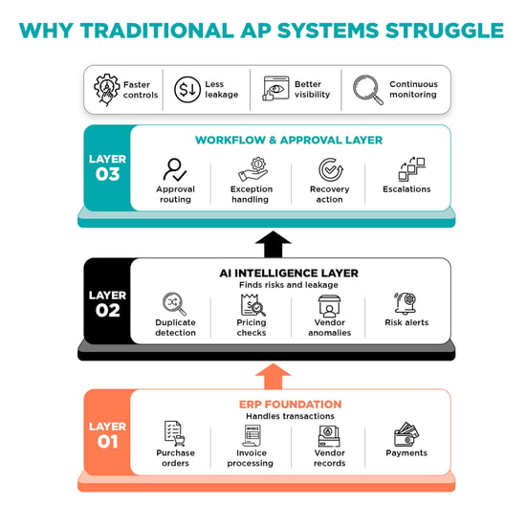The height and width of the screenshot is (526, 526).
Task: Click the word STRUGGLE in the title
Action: tap(445, 31)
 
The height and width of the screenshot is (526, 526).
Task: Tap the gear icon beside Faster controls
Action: tap(107, 90)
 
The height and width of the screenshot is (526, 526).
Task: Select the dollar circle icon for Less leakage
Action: tap(187, 90)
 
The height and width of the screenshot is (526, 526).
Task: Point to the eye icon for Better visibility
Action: tap(275, 89)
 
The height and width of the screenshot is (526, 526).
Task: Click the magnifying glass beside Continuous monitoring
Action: tap(367, 90)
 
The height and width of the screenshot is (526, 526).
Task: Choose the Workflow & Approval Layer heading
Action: tap(289, 140)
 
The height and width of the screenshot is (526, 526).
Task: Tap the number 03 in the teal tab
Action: tap(107, 174)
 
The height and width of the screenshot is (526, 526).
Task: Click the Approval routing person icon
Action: tap(175, 169)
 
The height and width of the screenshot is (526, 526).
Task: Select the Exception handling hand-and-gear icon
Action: tap(252, 169)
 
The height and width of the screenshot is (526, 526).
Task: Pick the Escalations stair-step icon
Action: tap(411, 169)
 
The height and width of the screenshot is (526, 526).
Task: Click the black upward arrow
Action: tap(274, 244)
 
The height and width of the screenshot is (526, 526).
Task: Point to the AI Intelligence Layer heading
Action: tap(289, 274)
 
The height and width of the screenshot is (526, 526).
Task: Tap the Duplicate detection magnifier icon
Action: tap(174, 304)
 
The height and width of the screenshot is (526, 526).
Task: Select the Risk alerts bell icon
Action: tap(405, 303)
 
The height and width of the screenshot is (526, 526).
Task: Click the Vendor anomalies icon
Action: tap(329, 306)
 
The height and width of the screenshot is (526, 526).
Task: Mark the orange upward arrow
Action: tap(274, 377)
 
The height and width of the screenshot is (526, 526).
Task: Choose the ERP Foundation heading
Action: tap(290, 405)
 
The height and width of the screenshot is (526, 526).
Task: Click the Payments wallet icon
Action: tap(406, 434)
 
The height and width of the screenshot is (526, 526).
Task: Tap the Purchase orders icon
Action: tap(174, 433)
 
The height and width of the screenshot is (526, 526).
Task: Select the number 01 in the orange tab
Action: tap(107, 442)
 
